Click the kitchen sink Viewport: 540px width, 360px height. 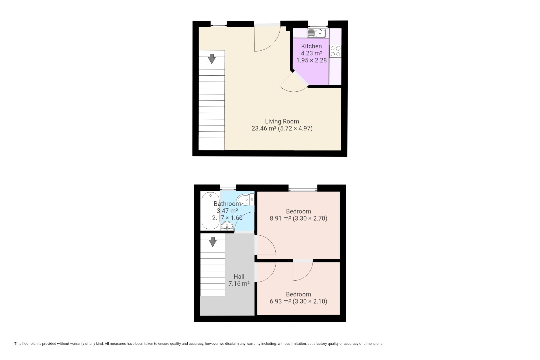pyautogui.click(x=316, y=33)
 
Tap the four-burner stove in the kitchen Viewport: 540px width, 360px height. pyautogui.click(x=335, y=51)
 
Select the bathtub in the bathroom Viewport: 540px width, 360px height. pyautogui.click(x=207, y=211)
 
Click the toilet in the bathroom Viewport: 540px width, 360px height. pyautogui.click(x=246, y=200)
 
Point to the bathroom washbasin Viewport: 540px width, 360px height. pyautogui.click(x=227, y=226)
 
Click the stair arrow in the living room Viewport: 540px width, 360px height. pyautogui.click(x=211, y=59)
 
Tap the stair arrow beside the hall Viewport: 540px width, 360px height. pyautogui.click(x=213, y=242)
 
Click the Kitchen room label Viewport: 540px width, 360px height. pyautogui.click(x=311, y=46)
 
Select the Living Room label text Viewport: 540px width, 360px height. pyautogui.click(x=282, y=121)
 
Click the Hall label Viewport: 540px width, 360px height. pyautogui.click(x=239, y=276)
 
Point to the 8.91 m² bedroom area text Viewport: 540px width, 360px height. pyautogui.click(x=280, y=219)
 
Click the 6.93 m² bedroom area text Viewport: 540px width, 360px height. pyautogui.click(x=280, y=301)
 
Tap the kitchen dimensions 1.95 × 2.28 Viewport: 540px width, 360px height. pyautogui.click(x=312, y=60)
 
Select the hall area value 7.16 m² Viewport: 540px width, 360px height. pyautogui.click(x=239, y=283)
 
